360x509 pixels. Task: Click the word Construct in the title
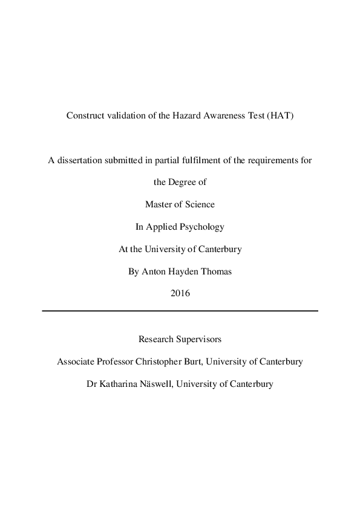pyautogui.click(x=85, y=116)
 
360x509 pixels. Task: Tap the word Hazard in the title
pyautogui.click(x=176, y=116)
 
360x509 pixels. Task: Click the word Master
pyautogui.click(x=159, y=204)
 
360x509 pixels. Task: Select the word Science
pyautogui.click(x=198, y=204)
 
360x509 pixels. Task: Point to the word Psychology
pyautogui.click(x=200, y=227)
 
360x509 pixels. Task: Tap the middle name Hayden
pyautogui.click(x=182, y=271)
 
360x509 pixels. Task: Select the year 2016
pyautogui.click(x=180, y=294)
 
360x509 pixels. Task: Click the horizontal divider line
pyautogui.click(x=180, y=311)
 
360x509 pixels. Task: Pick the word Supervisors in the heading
pyautogui.click(x=200, y=339)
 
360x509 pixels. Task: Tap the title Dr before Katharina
pyautogui.click(x=92, y=383)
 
